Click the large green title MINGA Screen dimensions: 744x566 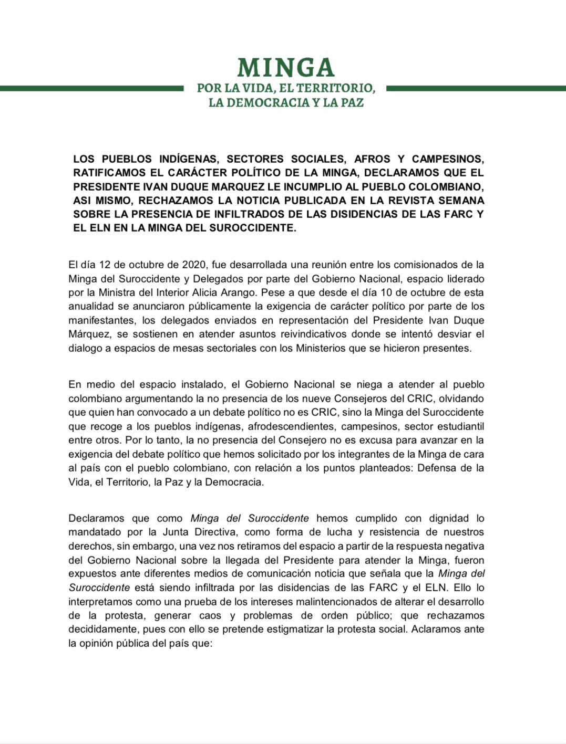coord(286,68)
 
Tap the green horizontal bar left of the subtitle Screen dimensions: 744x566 coord(91,89)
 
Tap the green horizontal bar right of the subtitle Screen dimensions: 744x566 coord(476,89)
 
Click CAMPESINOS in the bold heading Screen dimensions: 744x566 coord(447,159)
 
